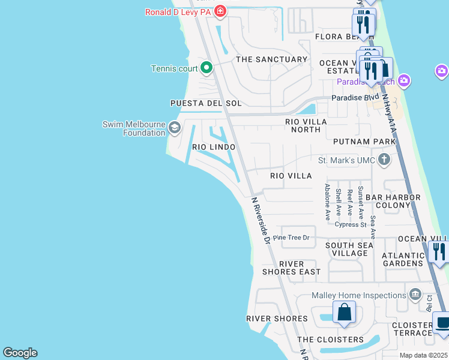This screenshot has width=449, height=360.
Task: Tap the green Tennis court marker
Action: coord(206,68)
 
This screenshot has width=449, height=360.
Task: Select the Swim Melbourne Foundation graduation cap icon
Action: coord(174,127)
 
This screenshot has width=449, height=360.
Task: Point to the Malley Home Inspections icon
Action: coord(415,295)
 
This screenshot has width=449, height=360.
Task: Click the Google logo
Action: coord(20,353)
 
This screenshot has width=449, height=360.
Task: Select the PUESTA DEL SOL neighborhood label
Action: coord(206,103)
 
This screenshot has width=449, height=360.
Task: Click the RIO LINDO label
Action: coord(214,147)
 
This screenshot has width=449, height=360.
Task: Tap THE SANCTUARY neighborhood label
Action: coord(272,59)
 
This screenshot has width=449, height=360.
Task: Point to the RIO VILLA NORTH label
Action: coord(306,126)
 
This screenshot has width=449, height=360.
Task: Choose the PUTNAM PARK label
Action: coord(365,142)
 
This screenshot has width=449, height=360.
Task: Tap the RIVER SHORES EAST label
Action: coord(292,268)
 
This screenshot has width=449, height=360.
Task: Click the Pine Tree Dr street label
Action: coord(291,238)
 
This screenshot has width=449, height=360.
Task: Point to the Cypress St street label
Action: coord(351,225)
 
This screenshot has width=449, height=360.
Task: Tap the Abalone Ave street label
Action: coord(328,201)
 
